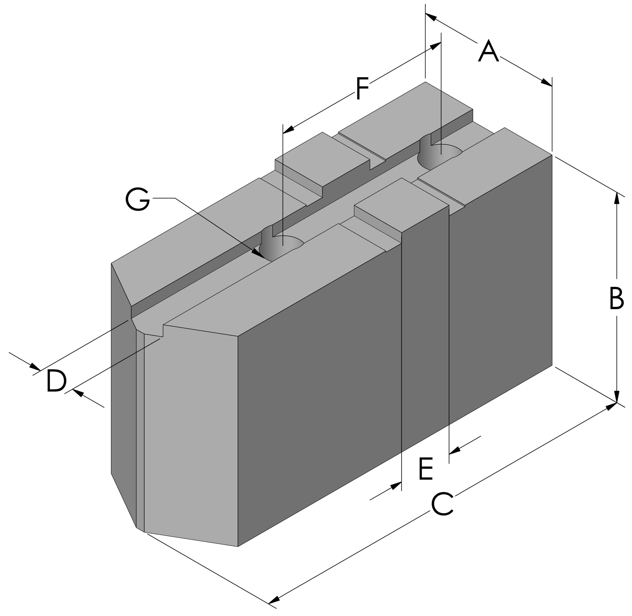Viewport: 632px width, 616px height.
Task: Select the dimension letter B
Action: pyautogui.click(x=616, y=298)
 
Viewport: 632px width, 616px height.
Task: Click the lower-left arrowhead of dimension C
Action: pyautogui.click(x=274, y=600)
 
